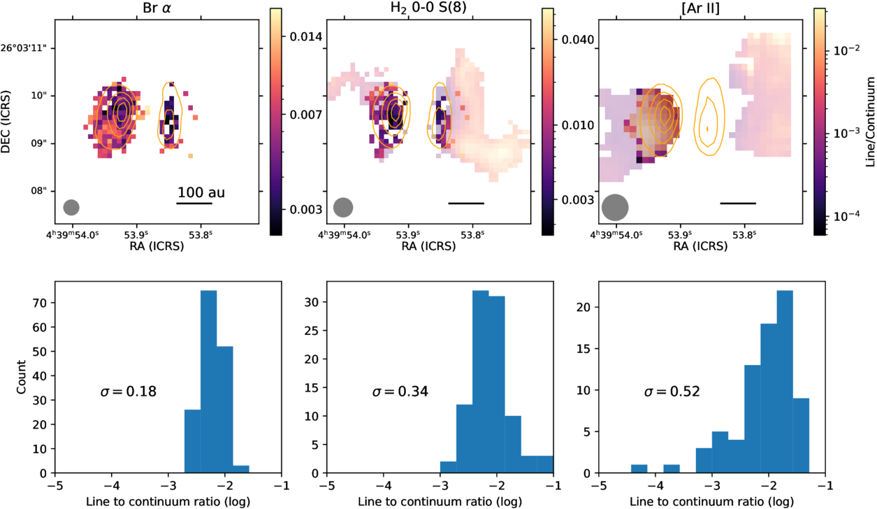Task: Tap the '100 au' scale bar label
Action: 201,192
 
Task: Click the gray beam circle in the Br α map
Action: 71,207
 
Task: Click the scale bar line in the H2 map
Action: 465,203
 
